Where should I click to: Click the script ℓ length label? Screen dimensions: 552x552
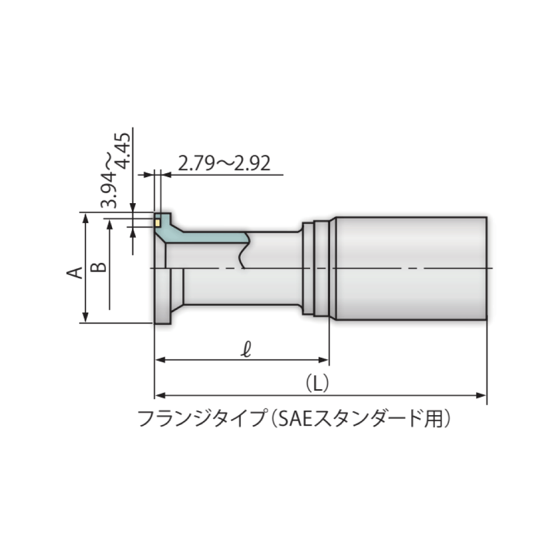click(247, 349)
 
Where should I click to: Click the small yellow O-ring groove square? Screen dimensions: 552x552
click(157, 223)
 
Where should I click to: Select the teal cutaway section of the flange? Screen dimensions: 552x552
click(210, 236)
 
